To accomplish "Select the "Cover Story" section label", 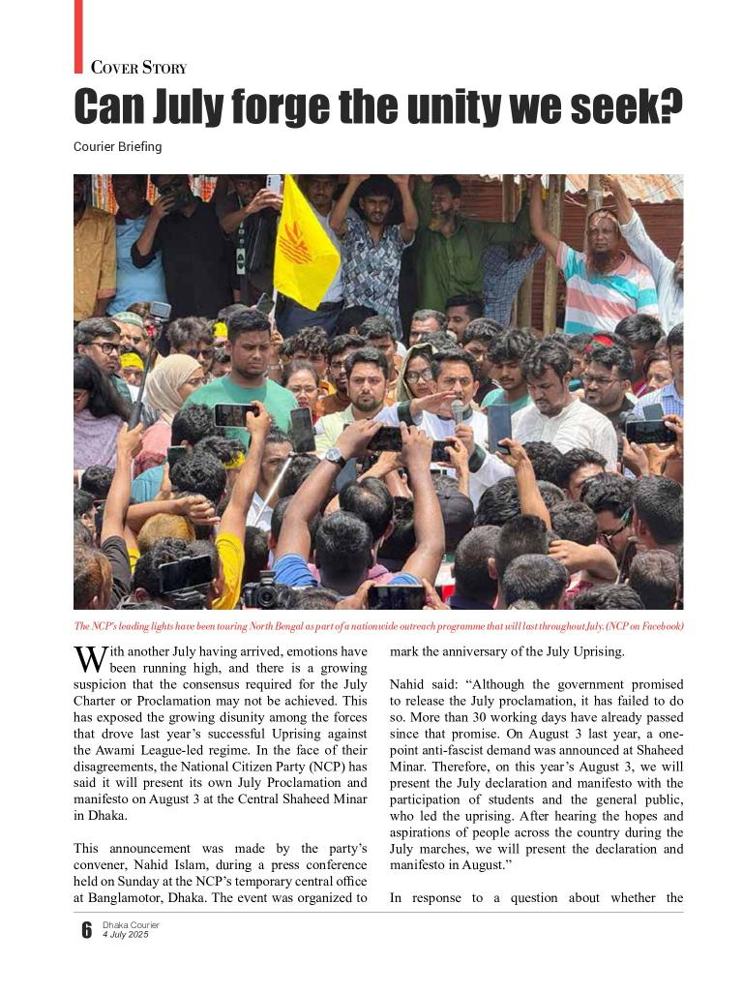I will pos(138,68).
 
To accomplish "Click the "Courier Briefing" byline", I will pos(117,147).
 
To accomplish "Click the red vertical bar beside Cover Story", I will pos(78,36).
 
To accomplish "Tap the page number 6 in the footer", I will pos(86,931).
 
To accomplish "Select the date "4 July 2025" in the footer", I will pos(124,934).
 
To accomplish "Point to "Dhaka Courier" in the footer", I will pos(131,925).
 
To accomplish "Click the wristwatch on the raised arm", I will pos(335,457).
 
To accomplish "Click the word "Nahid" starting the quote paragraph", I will pos(409,684).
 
